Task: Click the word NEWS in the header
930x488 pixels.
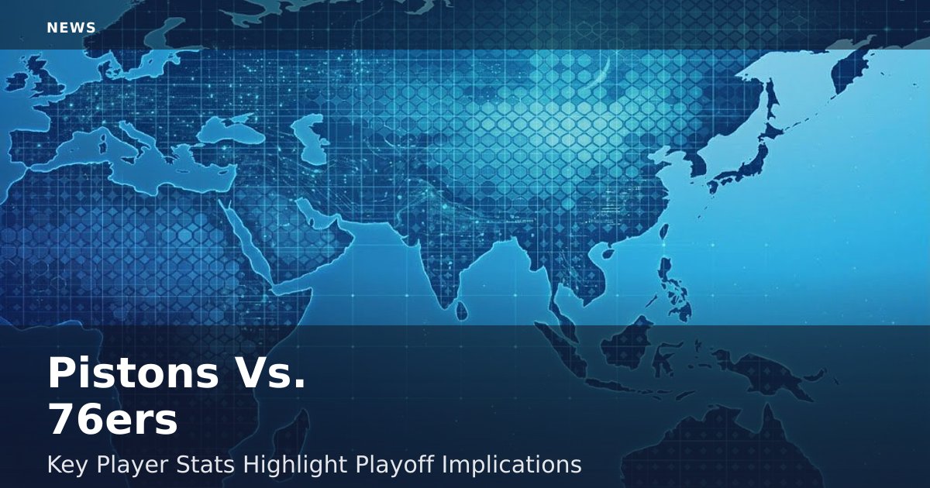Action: pos(71,28)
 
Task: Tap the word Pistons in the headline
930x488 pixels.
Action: pos(133,373)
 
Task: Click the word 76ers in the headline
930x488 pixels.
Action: pos(113,419)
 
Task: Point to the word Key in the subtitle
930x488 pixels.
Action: pos(67,464)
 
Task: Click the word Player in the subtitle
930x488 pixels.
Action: pos(133,464)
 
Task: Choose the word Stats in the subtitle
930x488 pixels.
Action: pos(205,464)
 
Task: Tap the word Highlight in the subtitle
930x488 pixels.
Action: pos(295,464)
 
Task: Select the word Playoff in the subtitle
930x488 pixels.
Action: pos(394,464)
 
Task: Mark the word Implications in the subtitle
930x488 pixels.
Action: pos(511,464)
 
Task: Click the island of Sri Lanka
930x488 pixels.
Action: pos(461,311)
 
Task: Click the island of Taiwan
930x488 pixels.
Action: pos(663,232)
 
